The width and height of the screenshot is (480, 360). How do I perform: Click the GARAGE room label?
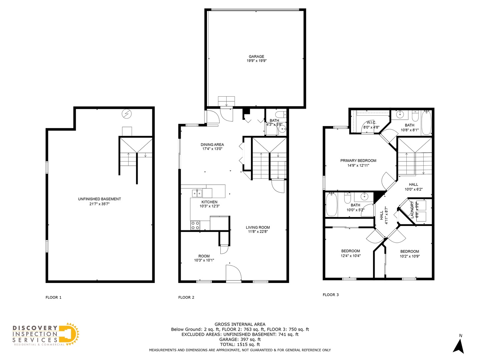256,57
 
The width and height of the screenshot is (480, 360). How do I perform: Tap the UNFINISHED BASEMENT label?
99,199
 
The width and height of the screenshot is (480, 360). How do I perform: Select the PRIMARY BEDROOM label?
358,161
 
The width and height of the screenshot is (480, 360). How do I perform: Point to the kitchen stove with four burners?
195,225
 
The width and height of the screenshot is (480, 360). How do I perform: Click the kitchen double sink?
197,193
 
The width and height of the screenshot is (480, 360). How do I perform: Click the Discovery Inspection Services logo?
46,335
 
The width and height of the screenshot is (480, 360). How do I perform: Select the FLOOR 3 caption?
330,295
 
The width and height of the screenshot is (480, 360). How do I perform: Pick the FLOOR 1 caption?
53,297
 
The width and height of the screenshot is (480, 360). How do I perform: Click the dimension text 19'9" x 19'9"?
256,61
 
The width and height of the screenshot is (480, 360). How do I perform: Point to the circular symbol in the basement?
127,114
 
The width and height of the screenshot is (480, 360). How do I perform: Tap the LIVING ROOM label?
258,227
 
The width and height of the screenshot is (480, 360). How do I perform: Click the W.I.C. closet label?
371,123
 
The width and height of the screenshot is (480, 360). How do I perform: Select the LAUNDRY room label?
412,210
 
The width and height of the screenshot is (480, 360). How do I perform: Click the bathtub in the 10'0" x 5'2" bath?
331,205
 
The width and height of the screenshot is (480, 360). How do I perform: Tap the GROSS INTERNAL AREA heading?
240,324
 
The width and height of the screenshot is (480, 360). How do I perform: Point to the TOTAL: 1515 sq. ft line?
240,344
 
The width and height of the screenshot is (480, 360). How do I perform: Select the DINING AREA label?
212,145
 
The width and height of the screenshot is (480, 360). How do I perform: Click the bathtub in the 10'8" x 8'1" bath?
426,123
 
